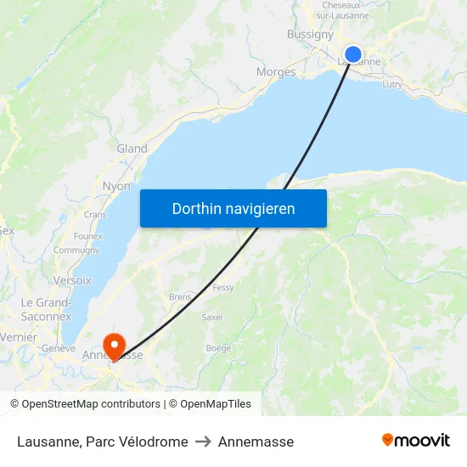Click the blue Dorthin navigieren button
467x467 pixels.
(233, 208)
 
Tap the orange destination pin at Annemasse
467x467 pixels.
(113, 344)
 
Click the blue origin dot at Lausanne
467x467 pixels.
(354, 55)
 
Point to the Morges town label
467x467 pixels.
(276, 72)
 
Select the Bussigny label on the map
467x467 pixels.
(310, 35)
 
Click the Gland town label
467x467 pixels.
(132, 149)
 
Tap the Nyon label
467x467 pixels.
(116, 186)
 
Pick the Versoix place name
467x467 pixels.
(72, 280)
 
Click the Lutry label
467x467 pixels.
(392, 84)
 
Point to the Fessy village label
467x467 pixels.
(223, 288)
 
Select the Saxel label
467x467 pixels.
(212, 317)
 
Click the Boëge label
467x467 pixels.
(218, 347)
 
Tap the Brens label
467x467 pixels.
(180, 297)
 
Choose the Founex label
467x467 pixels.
(87, 236)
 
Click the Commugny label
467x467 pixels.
(76, 250)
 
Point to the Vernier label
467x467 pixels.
(19, 337)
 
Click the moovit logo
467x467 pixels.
(416, 440)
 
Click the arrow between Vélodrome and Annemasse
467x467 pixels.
(203, 442)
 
